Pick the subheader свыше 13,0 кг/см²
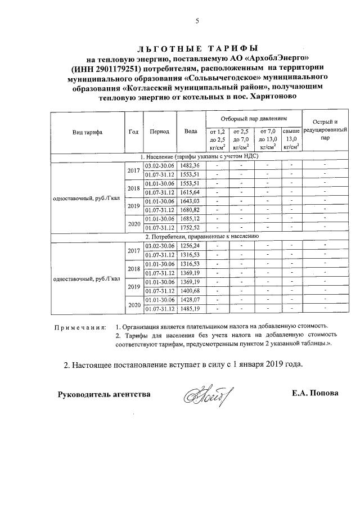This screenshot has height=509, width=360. (x=291, y=138)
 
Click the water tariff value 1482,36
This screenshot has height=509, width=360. (x=191, y=165)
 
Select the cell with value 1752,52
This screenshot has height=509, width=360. (x=191, y=228)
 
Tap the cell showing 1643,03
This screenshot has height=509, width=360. (x=191, y=201)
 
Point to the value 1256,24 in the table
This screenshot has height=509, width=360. (x=191, y=246)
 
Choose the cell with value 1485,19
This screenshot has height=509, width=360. (x=191, y=308)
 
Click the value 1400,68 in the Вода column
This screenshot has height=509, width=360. (x=191, y=290)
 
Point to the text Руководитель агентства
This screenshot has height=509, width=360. (x=104, y=394)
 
